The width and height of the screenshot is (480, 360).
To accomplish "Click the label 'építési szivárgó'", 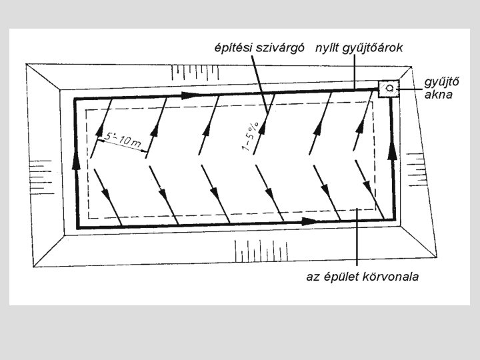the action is pos(260,48).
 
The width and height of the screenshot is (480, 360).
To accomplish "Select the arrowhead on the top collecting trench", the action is pos(191,95).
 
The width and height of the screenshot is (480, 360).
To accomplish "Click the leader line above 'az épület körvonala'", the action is pos(358,243).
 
